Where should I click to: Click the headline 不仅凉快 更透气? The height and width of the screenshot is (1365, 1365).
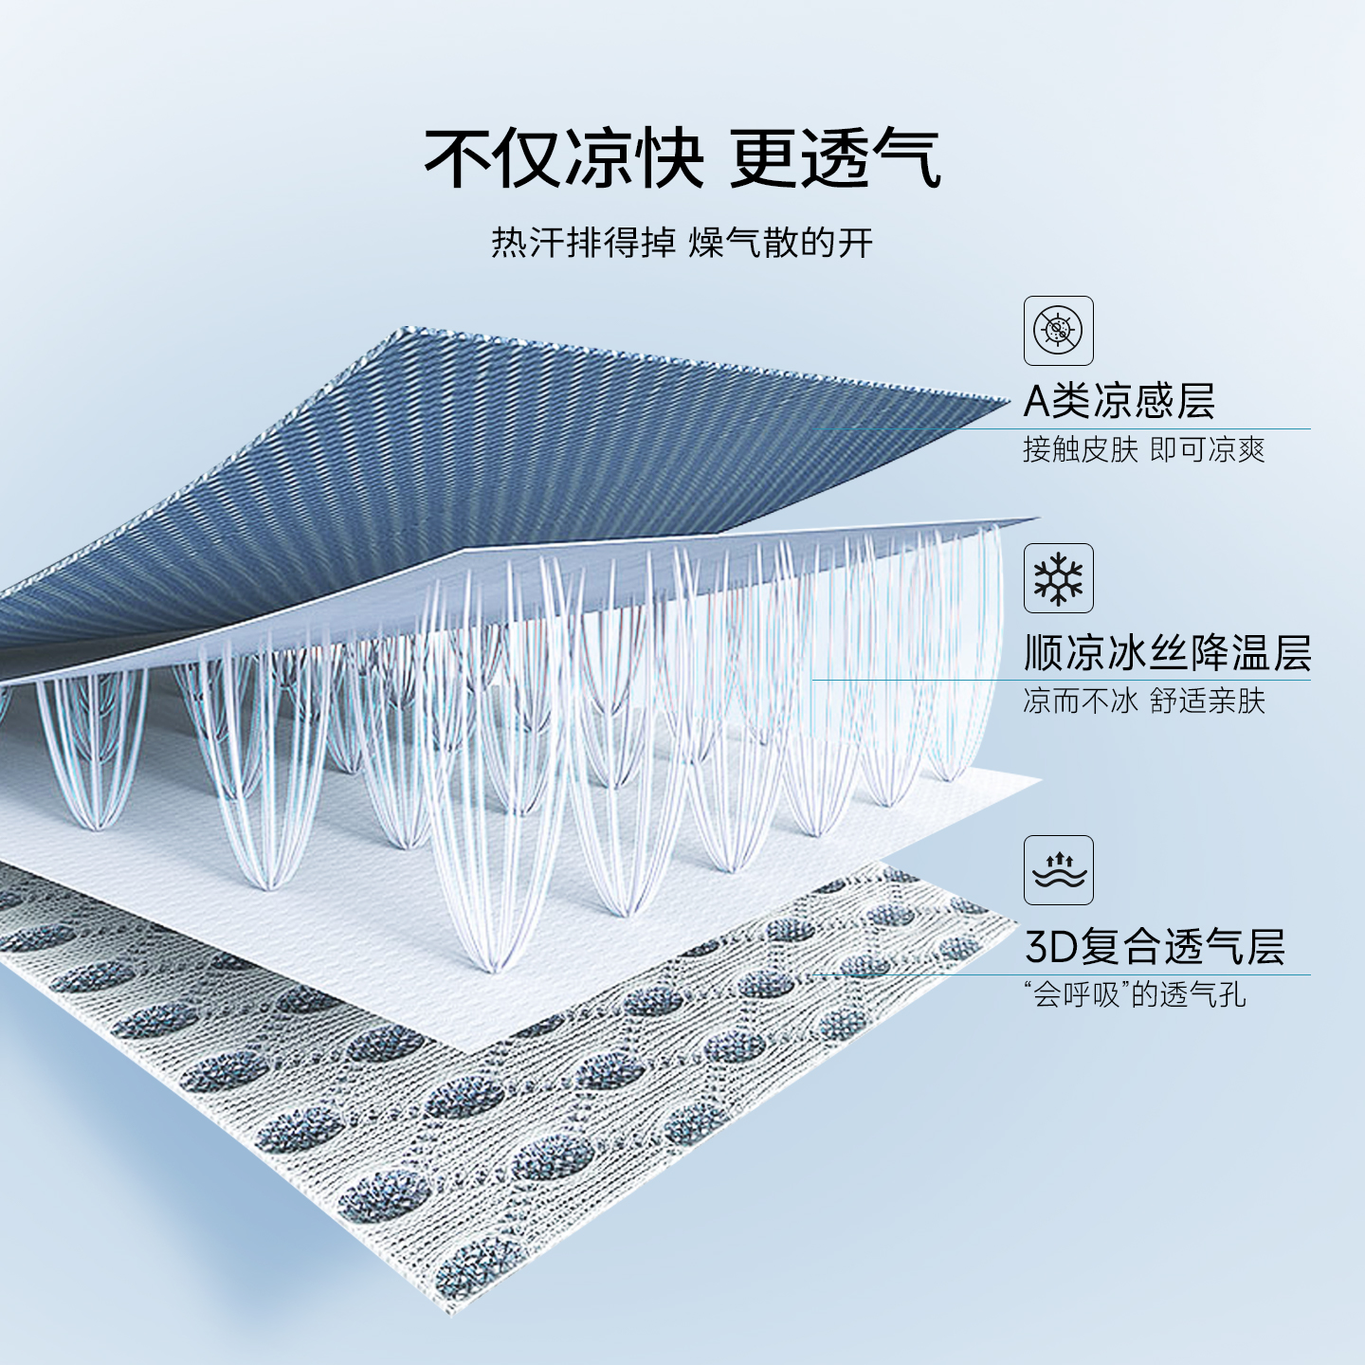coord(682,158)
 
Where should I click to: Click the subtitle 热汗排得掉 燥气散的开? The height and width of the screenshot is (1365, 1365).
coord(682,243)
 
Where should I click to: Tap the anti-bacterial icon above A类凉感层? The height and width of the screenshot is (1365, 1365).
coord(1058,331)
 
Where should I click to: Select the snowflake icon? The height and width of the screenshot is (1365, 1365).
coord(1058,578)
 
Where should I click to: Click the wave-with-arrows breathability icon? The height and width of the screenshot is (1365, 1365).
coord(1058,870)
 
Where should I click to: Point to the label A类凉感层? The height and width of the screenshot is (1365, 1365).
coord(1119,400)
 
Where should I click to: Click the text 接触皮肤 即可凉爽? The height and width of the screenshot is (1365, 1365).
coord(1143,448)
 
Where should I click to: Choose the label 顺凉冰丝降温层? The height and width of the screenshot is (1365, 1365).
coord(1167,653)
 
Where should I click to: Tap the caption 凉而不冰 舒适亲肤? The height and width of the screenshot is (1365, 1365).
coord(1143,701)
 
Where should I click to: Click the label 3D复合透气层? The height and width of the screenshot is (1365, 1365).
coord(1155,946)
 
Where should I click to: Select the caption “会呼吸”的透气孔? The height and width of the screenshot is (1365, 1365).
coord(1135,994)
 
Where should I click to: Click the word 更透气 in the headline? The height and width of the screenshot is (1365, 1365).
coord(834,158)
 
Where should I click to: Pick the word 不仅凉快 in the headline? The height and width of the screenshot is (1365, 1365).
coord(564,158)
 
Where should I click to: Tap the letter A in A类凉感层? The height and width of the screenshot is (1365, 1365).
coord(1037,401)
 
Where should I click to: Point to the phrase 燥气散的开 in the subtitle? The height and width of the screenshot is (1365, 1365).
coord(780,243)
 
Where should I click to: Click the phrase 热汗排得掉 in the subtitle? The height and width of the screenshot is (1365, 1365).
coord(583,243)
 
